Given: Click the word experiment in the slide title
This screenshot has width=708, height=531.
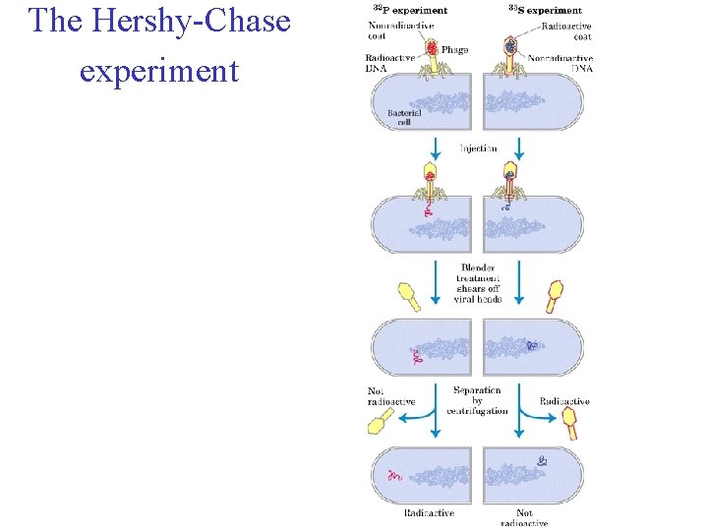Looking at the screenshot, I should coord(159,70).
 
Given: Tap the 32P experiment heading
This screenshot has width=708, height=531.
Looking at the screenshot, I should coord(410,10).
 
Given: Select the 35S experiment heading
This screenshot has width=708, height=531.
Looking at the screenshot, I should coord(545,10).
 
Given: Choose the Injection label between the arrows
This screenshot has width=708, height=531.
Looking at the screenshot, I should coord(478,148).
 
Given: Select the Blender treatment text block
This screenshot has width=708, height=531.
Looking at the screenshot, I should coord(478,283).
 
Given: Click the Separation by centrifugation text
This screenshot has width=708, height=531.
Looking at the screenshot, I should coord(478,400).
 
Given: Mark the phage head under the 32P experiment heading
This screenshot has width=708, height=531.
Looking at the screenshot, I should coord(432,46).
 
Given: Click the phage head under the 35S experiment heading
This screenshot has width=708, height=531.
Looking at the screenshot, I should coord(509,45).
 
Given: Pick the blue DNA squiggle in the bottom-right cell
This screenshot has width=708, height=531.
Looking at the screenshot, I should coord(544,460).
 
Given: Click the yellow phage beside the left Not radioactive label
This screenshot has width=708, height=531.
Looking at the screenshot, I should coord(377,423).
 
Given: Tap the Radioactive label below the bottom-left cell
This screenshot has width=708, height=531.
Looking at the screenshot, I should coord(429,512).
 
